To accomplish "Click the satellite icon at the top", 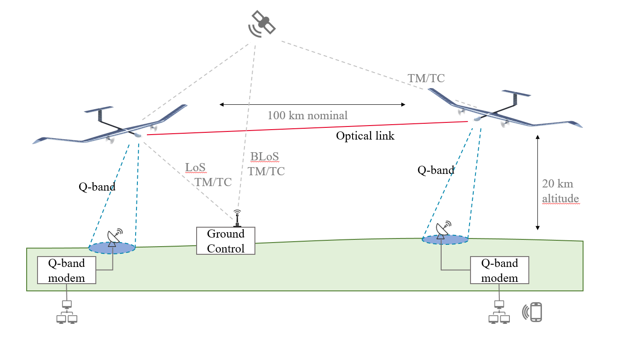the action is (x=262, y=24).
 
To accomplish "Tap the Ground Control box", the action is (x=226, y=241).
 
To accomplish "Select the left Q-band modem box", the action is (x=66, y=271).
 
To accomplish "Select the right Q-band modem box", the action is (x=500, y=271).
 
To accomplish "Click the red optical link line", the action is (x=307, y=128).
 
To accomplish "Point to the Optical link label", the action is (x=365, y=136).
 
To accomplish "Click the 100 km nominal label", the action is (x=307, y=115).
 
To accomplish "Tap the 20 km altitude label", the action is (x=560, y=191).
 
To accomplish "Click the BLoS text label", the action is (x=264, y=156).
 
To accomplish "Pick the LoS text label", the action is (x=195, y=167).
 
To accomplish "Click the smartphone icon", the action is (x=532, y=312).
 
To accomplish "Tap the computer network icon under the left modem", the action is (x=67, y=312).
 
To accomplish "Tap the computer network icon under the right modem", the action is (x=499, y=312).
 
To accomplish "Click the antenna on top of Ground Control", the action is (x=237, y=218).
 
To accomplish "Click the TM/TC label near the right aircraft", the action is (x=426, y=78).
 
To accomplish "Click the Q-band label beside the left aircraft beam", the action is (x=97, y=187).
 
